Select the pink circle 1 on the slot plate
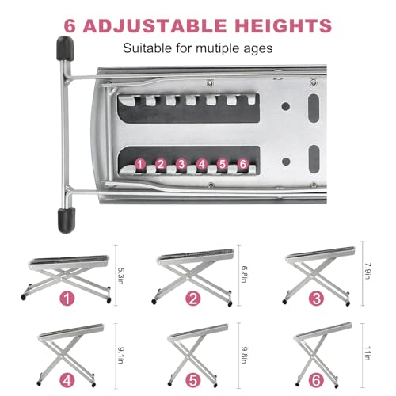click(140, 164)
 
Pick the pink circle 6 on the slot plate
click(242, 164)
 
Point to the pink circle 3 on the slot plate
click(181, 164)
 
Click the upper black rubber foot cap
click(65, 48)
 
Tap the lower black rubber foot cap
click(67, 220)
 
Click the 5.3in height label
click(120, 276)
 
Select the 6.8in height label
click(244, 274)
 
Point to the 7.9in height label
click(367, 271)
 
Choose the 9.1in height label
click(120, 356)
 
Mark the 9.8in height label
click(244, 355)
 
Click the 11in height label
click(367, 353)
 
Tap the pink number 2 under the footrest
click(193, 299)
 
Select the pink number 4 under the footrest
click(67, 381)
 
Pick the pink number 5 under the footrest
click(193, 381)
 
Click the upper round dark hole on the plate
click(286, 107)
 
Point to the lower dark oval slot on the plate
click(314, 159)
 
